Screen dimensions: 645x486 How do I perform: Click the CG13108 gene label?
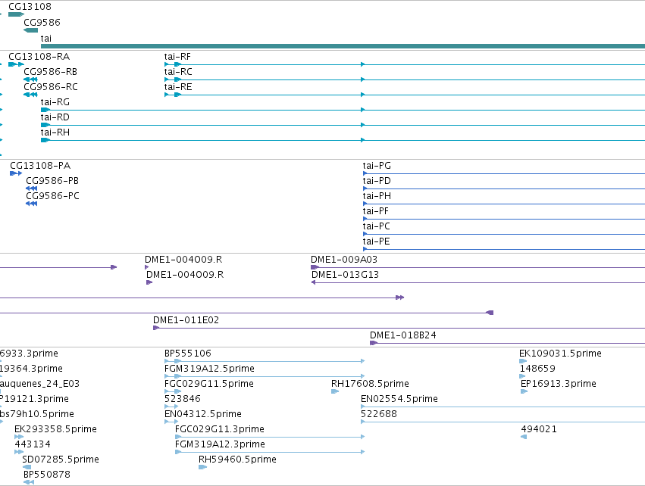coord(30,7)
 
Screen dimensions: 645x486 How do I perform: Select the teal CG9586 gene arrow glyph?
coord(31,30)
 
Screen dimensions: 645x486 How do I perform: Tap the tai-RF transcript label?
coord(177,57)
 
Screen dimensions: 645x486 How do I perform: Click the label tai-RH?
coord(55,132)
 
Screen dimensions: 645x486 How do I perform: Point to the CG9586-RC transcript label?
coord(51,87)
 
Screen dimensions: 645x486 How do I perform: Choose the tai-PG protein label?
coord(377,166)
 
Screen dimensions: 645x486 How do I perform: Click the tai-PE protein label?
coord(377,241)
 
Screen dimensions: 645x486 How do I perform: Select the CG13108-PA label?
coord(40,166)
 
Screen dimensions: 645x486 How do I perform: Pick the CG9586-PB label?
coord(52,181)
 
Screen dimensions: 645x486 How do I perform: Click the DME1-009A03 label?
coord(344,259)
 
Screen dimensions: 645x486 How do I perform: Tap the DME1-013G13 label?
coord(345,275)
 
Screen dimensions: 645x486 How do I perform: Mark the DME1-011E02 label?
coord(186,320)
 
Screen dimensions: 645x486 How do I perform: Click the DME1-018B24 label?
coord(403,335)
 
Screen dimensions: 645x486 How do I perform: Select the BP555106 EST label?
coord(187,354)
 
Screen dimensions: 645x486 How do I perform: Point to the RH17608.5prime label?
coord(370,384)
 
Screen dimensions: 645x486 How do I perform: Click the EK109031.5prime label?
coord(560,354)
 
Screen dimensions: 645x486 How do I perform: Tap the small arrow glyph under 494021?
coord(524,437)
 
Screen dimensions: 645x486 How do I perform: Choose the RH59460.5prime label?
coord(237,460)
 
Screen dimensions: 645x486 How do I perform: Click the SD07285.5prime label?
coord(61,460)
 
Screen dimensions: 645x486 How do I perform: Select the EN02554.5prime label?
coord(399,399)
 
